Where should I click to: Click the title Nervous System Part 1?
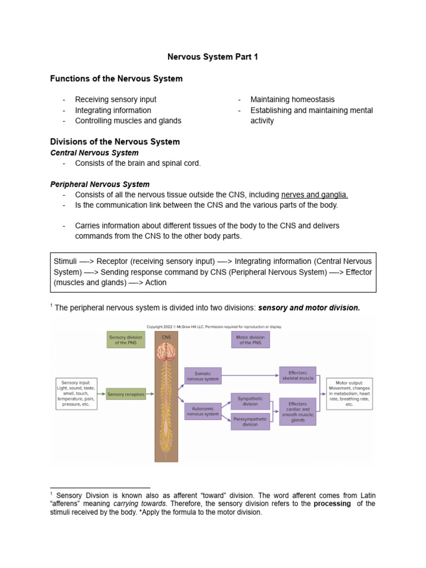(x=213, y=57)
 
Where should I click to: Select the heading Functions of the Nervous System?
(x=116, y=79)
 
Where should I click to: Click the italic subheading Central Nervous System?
(x=94, y=153)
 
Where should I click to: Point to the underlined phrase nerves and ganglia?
(x=315, y=195)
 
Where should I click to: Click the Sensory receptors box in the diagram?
(x=126, y=394)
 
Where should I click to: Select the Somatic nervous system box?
(x=202, y=376)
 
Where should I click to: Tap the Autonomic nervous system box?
(x=202, y=411)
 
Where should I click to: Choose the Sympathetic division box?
(x=250, y=401)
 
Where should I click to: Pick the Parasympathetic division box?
(x=250, y=422)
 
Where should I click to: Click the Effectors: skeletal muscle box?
(x=298, y=375)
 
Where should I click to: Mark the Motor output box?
(x=349, y=394)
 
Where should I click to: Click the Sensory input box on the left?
(x=77, y=394)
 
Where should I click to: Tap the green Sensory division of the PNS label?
(x=125, y=339)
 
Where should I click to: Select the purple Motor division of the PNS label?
(x=250, y=339)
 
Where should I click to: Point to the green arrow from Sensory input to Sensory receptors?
(x=102, y=394)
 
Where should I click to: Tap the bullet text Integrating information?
(x=113, y=110)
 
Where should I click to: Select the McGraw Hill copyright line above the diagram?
(x=214, y=327)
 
